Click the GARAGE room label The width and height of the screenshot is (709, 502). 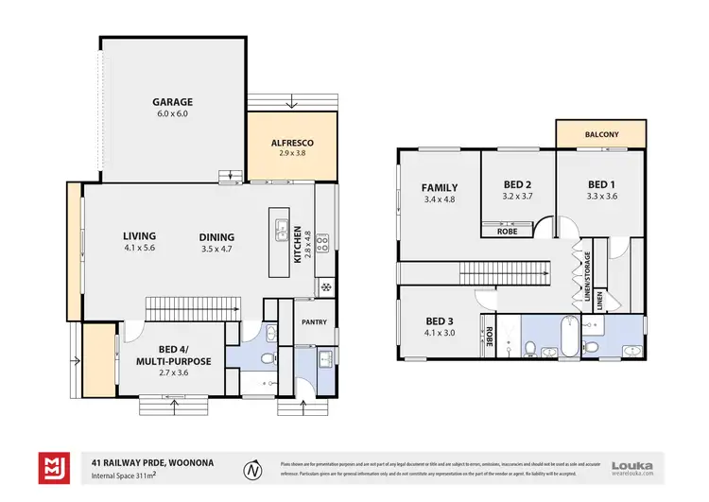click(x=173, y=102)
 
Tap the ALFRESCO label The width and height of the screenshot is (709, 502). click(x=292, y=143)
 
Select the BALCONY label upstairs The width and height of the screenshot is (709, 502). click(x=600, y=135)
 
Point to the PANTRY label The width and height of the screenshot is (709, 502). click(x=314, y=322)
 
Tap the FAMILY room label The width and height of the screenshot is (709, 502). click(x=440, y=187)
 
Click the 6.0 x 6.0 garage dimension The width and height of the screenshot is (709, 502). click(x=173, y=114)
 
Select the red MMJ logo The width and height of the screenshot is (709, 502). click(x=52, y=467)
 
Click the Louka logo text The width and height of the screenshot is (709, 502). click(x=632, y=464)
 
